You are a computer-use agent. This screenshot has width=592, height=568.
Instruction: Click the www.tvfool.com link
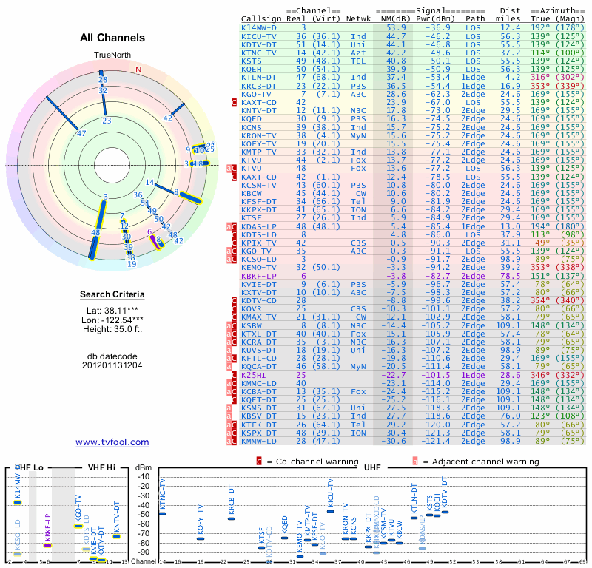click(112, 442)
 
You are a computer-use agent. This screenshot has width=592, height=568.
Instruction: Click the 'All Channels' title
click(112, 38)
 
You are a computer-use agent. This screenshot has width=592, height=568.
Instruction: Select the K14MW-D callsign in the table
click(260, 27)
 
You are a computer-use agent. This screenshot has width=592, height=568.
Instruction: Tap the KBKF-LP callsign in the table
click(258, 275)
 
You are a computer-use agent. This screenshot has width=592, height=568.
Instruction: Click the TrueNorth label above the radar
click(112, 55)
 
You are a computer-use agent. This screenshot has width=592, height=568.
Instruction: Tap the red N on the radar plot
click(138, 70)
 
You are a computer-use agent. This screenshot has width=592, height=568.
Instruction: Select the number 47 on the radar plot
click(81, 134)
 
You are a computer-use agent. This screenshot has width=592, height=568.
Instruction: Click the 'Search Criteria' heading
click(112, 295)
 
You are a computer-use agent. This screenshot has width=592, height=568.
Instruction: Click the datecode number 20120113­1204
click(112, 365)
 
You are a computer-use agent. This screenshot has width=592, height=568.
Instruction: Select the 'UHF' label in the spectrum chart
click(372, 468)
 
